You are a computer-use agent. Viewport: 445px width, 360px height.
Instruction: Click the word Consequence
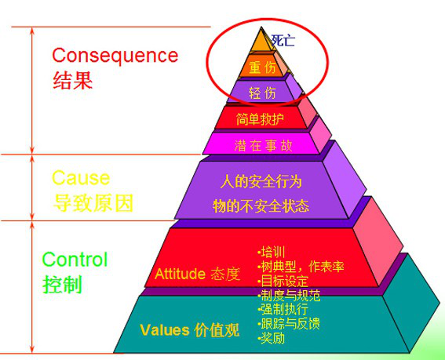pyautogui.click(x=115, y=56)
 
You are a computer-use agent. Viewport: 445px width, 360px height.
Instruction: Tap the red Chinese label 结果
pyautogui.click(x=73, y=80)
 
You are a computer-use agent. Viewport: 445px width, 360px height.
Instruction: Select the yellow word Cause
pyautogui.click(x=81, y=178)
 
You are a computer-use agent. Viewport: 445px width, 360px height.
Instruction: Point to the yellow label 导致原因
pyautogui.click(x=93, y=202)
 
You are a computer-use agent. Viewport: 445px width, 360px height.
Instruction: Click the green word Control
pyautogui.click(x=75, y=259)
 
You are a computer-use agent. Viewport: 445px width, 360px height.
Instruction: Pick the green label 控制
pyautogui.click(x=62, y=284)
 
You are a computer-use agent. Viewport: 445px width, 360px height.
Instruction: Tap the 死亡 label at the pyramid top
pyautogui.click(x=283, y=40)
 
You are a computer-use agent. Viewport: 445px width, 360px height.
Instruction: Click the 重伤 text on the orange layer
pyautogui.click(x=262, y=67)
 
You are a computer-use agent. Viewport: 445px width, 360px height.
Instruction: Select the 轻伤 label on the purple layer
pyautogui.click(x=262, y=93)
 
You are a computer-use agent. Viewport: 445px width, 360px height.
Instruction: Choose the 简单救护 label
pyautogui.click(x=260, y=119)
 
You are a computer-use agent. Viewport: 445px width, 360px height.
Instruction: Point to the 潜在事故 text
pyautogui.click(x=263, y=146)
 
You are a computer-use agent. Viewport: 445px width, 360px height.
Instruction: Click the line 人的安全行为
pyautogui.click(x=261, y=181)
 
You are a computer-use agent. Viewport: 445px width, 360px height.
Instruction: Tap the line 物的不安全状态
pyautogui.click(x=261, y=205)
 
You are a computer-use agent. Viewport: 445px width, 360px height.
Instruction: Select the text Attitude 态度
pyautogui.click(x=198, y=274)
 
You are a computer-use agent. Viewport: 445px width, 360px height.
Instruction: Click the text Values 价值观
pyautogui.click(x=190, y=330)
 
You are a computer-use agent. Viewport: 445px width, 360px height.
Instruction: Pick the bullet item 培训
pyautogui.click(x=271, y=252)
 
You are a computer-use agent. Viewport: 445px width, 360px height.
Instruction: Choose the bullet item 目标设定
pyautogui.click(x=283, y=281)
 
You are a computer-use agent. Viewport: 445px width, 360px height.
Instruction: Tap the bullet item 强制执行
pyautogui.click(x=283, y=309)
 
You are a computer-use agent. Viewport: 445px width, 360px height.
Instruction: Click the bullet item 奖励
pyautogui.click(x=271, y=338)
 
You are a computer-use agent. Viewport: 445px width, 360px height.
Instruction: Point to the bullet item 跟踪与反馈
pyautogui.click(x=289, y=323)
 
